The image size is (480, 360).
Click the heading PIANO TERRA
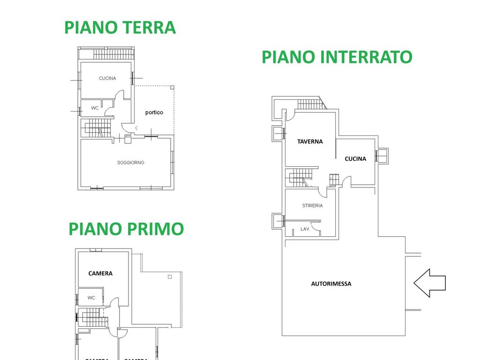pos(120,27)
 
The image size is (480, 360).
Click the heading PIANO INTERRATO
pos(337,57)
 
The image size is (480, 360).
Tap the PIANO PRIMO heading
pos(126,229)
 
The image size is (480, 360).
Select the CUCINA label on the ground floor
pos(107,78)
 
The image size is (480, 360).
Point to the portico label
pos(154,112)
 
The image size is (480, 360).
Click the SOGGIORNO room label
pos(131,163)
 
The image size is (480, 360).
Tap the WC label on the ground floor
pos(95,108)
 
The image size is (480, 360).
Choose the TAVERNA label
pos(310,141)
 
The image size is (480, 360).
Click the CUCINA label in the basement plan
pos(355,159)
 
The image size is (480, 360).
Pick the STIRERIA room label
pos(312,206)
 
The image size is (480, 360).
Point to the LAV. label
pos(305,229)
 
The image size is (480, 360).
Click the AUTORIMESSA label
pos(331,284)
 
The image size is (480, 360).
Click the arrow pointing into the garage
pos(429,283)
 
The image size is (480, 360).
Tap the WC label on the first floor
pos(91,298)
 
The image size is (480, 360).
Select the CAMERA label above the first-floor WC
pos(100,273)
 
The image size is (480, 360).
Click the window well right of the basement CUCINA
pos(382,155)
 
